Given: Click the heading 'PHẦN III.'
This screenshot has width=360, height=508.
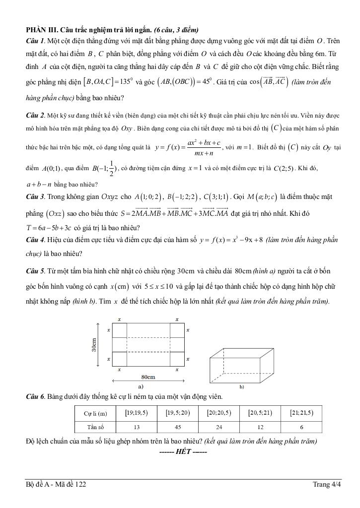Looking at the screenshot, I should point(42,29).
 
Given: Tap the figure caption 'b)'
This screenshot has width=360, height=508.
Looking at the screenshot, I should point(242,386).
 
